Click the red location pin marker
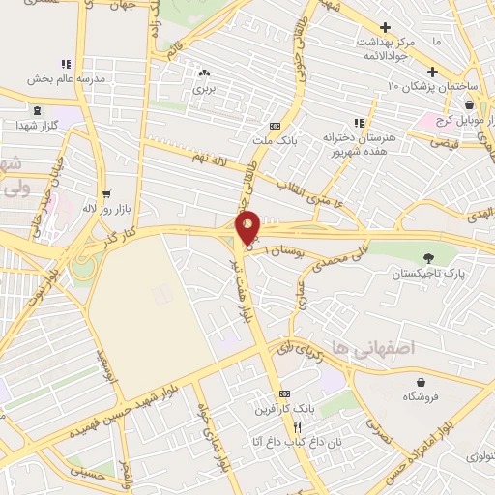pyautogui.click(x=248, y=227)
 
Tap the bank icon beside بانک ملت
pyautogui.click(x=276, y=126)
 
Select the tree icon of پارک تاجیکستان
pyautogui.click(x=428, y=257)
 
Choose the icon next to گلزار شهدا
pyautogui.click(x=37, y=110)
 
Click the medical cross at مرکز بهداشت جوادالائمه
pyautogui.click(x=386, y=27)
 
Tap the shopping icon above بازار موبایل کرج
pyautogui.click(x=469, y=105)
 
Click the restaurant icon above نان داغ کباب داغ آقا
pyautogui.click(x=300, y=426)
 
